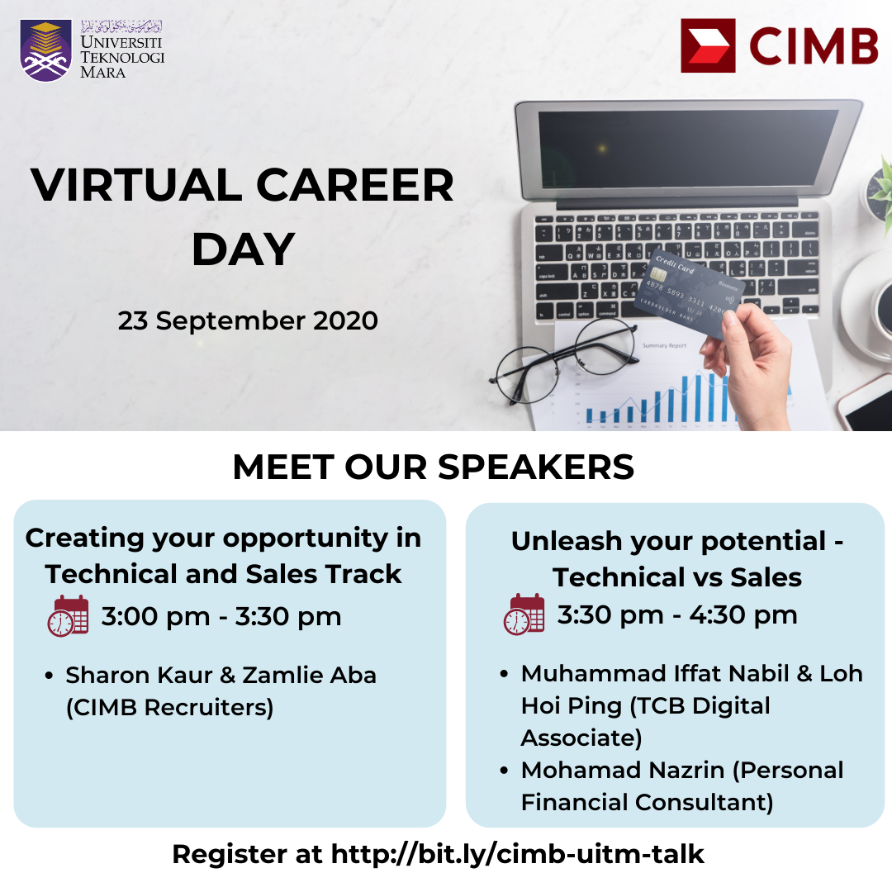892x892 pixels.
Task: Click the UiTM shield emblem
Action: tap(46, 50)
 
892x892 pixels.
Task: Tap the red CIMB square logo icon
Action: tap(708, 45)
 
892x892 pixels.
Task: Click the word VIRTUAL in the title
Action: tap(136, 185)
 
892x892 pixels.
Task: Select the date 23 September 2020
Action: tap(248, 320)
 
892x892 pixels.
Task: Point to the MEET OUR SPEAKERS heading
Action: tap(434, 467)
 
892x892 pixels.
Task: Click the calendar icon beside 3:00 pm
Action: tap(69, 615)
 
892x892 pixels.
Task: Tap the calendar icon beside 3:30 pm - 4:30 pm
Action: tap(524, 614)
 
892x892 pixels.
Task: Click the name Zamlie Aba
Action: tap(310, 676)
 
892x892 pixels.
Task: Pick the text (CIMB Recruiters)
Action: tap(170, 708)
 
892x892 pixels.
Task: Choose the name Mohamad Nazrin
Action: tap(623, 771)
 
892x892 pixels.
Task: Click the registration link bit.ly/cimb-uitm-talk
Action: tap(518, 855)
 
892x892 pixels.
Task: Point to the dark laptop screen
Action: tap(688, 149)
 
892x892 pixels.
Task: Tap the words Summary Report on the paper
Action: tap(664, 345)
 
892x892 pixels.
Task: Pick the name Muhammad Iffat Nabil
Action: tap(655, 674)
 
